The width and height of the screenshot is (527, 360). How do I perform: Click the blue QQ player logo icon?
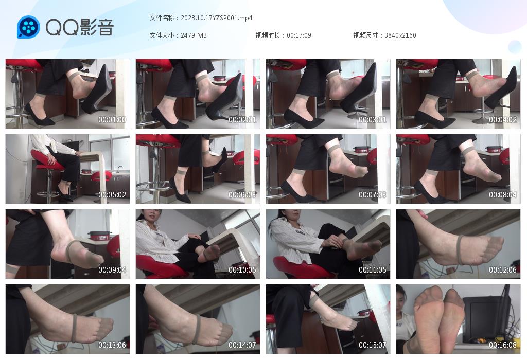29,27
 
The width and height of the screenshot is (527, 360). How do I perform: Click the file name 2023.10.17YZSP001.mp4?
217,18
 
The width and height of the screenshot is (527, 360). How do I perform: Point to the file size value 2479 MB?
194,35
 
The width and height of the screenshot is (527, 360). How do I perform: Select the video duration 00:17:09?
299,35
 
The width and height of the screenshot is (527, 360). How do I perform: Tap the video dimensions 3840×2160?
400,35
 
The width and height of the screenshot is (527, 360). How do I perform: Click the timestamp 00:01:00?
112,119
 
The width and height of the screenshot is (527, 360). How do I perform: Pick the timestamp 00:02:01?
242,119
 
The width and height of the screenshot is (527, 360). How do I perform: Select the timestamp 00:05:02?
112,195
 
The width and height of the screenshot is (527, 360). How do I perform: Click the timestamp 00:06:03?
242,195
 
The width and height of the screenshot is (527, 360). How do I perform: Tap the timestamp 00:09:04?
112,269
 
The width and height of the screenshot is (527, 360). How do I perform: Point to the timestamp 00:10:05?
242,269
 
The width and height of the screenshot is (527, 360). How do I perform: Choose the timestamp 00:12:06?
502,269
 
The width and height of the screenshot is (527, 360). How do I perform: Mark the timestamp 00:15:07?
373,345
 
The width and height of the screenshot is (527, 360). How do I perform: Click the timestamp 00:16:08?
502,345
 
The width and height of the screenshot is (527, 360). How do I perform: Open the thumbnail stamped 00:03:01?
328,94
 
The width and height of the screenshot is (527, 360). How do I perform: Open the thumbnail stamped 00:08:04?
458,169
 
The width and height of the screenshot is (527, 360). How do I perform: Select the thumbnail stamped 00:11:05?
328,244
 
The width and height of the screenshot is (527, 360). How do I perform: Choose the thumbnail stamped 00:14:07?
198,319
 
